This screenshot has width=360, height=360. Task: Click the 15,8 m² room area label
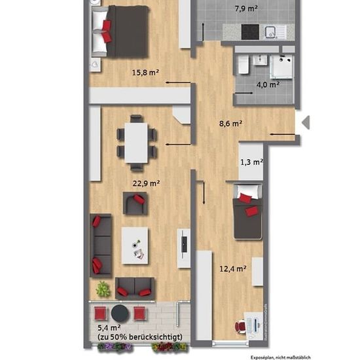pyautogui.click(x=145, y=73)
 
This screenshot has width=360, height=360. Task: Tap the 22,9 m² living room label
pyautogui.click(x=146, y=183)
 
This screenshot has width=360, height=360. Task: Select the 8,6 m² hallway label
pyautogui.click(x=230, y=124)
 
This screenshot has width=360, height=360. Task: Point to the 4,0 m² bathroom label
pyautogui.click(x=268, y=84)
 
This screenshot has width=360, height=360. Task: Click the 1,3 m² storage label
pyautogui.click(x=251, y=162)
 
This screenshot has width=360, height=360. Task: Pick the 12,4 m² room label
pyautogui.click(x=233, y=268)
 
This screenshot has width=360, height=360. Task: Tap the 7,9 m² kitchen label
pyautogui.click(x=246, y=9)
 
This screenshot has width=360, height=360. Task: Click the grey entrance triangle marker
pyautogui.click(x=306, y=122)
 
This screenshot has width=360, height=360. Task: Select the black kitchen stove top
pyautogui.click(x=250, y=32)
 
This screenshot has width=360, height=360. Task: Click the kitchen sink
pyautogui.click(x=271, y=32)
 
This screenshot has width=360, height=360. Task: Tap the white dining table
pyautogui.click(x=136, y=143)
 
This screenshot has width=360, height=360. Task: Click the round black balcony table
pyautogui.click(x=120, y=314)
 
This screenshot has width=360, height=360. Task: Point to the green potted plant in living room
pyautogui.click(x=103, y=289)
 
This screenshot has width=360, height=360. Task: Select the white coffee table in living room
pyautogui.click(x=135, y=245)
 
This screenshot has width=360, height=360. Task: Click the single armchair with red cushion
pyautogui.click(x=135, y=204)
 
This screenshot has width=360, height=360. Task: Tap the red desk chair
pyautogui.click(x=240, y=327)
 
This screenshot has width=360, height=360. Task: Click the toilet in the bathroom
pyautogui.click(x=243, y=65)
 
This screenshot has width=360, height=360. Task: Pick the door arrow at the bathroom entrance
pyautogui.click(x=243, y=93)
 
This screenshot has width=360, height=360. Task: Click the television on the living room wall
pyautogui.click(x=184, y=245)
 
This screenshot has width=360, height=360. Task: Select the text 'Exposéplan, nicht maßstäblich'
pyautogui.click(x=281, y=357)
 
